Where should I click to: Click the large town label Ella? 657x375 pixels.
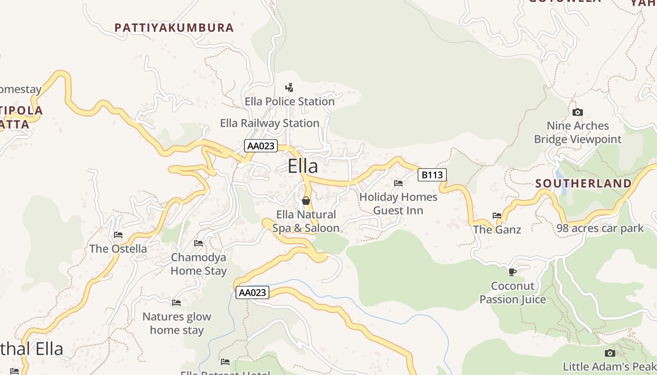click(303, 166)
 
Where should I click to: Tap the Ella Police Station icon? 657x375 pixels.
click(290, 87)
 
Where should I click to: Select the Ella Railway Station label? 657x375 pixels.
click(270, 123)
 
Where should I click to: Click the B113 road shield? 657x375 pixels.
click(432, 175)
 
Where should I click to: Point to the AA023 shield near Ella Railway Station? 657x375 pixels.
click(260, 146)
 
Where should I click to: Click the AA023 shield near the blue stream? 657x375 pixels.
click(252, 292)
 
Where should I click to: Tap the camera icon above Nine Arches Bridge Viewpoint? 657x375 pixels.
click(578, 112)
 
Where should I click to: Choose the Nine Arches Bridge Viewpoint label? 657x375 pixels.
click(578, 133)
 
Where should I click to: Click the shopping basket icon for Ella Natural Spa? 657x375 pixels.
click(306, 201)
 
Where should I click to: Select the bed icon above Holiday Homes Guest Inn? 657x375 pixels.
click(398, 183)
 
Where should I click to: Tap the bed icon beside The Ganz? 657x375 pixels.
click(497, 216)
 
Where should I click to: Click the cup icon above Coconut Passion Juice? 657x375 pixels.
click(512, 272)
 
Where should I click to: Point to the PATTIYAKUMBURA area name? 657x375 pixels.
click(174, 28)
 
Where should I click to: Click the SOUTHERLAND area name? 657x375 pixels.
click(583, 183)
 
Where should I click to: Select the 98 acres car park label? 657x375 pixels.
click(600, 228)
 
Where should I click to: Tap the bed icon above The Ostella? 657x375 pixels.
click(118, 234)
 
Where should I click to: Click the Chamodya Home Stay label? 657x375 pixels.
click(199, 264)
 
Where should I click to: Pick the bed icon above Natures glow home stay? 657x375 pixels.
click(176, 303)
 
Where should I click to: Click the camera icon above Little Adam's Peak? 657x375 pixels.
click(610, 353)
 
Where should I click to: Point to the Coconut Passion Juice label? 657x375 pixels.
click(512, 292)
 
